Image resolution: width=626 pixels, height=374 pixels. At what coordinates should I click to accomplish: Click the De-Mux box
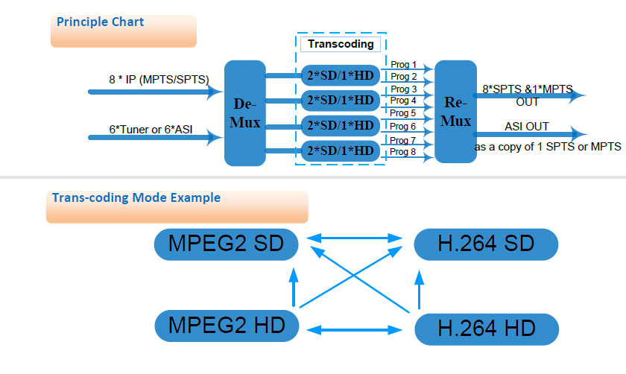244,112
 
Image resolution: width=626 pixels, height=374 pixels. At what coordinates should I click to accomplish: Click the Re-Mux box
455,112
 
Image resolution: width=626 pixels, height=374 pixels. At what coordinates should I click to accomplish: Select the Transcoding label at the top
341,44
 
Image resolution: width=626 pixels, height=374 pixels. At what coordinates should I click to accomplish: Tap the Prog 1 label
403,65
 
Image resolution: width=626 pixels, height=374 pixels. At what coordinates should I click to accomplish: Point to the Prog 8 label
403,152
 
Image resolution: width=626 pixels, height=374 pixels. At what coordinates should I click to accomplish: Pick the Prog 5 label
403,113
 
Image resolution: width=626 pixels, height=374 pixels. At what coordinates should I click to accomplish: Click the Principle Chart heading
100,22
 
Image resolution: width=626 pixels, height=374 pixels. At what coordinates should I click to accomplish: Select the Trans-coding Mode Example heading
136,197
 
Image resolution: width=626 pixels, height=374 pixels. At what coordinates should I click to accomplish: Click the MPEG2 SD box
225,244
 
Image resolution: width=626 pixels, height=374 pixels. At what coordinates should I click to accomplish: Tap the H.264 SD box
485,244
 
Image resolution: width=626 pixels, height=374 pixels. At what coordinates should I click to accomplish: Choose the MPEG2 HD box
225,326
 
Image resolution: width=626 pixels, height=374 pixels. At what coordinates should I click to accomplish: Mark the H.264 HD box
485,329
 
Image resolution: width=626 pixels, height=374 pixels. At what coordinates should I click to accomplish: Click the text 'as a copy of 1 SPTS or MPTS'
548,147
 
